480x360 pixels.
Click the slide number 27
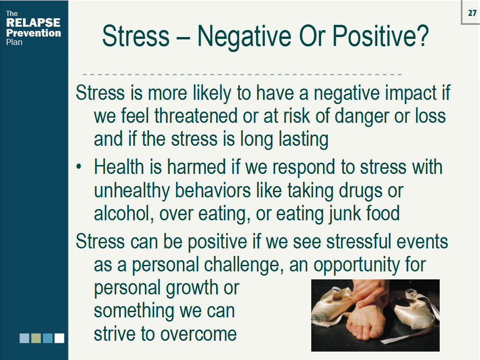click(472, 13)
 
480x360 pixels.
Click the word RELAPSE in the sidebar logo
click(33, 23)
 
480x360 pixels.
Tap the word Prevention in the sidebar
click(33, 33)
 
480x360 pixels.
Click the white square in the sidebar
click(59, 338)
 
